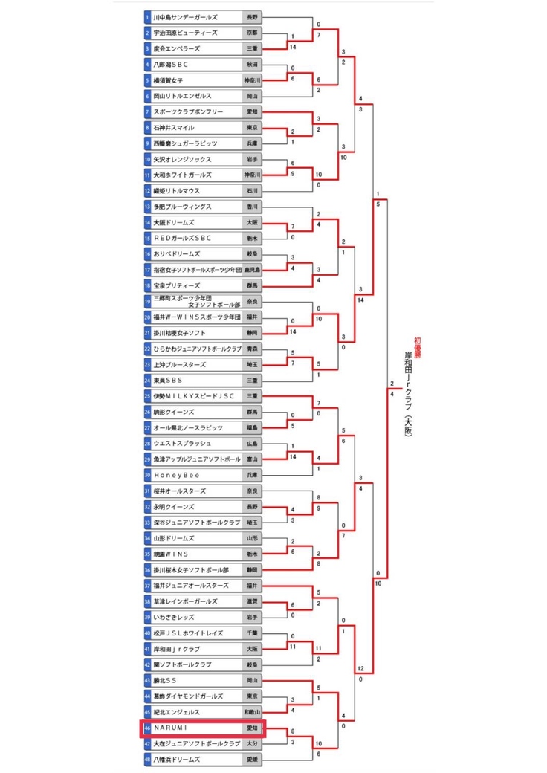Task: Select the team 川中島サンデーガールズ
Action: [x=185, y=17]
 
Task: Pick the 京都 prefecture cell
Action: [x=252, y=33]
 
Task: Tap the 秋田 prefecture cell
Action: [x=252, y=65]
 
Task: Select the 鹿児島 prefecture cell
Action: [x=252, y=269]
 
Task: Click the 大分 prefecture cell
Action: [x=252, y=744]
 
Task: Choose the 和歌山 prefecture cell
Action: [x=252, y=712]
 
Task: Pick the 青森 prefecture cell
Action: [x=252, y=349]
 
